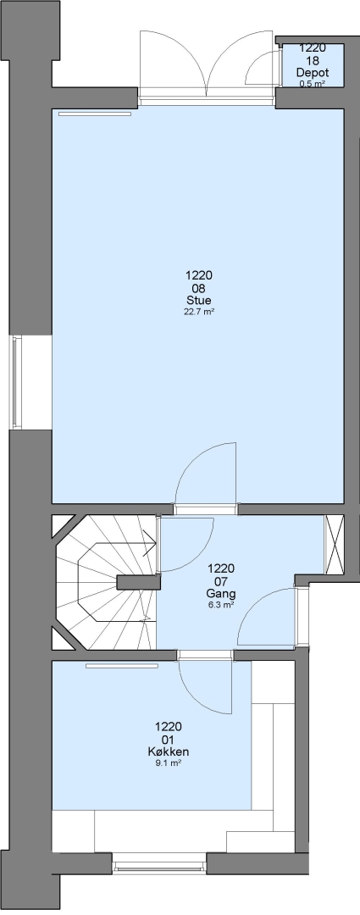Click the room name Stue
click(199, 301)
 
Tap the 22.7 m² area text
click(199, 312)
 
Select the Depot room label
click(313, 73)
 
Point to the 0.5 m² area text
click(313, 83)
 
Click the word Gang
click(221, 593)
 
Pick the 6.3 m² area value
click(221, 605)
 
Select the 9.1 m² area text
click(169, 762)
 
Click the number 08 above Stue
click(199, 288)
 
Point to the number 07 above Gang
click(221, 581)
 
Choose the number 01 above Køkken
click(169, 740)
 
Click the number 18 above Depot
click(313, 61)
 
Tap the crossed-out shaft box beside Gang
click(335, 545)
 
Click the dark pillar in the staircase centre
click(138, 582)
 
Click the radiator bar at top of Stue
click(95, 114)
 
